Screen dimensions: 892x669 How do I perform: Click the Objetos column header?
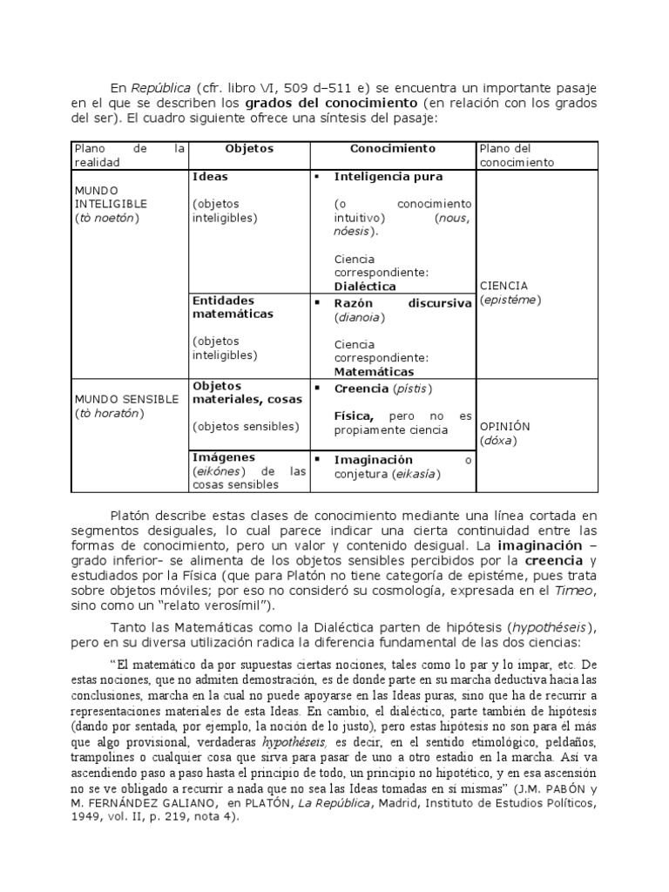click(249, 149)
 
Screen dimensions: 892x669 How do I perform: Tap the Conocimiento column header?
click(393, 149)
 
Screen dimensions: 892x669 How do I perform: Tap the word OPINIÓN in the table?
click(505, 427)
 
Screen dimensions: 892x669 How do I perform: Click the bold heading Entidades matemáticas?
click(233, 307)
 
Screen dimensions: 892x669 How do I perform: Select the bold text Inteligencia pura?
click(389, 176)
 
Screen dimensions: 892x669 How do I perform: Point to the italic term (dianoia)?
click(359, 317)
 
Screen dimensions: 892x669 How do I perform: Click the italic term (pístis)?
click(411, 387)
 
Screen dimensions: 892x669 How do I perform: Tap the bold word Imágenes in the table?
click(224, 456)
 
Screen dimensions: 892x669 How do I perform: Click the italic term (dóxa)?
click(497, 441)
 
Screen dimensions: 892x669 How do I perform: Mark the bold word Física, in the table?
click(354, 416)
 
